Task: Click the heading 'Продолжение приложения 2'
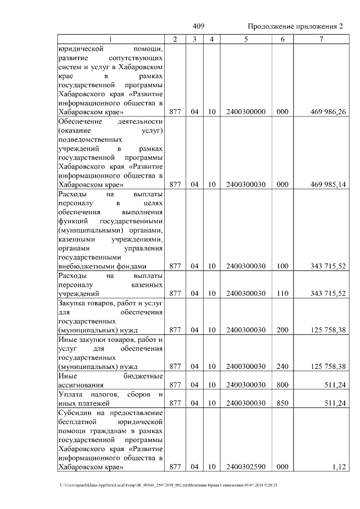point(295,27)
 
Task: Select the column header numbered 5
point(245,39)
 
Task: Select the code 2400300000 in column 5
point(245,112)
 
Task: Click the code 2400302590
point(245,467)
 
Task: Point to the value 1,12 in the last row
point(338,467)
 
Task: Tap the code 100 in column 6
point(282,266)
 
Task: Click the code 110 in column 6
point(282,293)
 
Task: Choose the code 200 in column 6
point(282,330)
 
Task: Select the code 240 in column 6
point(282,366)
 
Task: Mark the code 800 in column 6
point(282,385)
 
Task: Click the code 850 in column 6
point(282,403)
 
